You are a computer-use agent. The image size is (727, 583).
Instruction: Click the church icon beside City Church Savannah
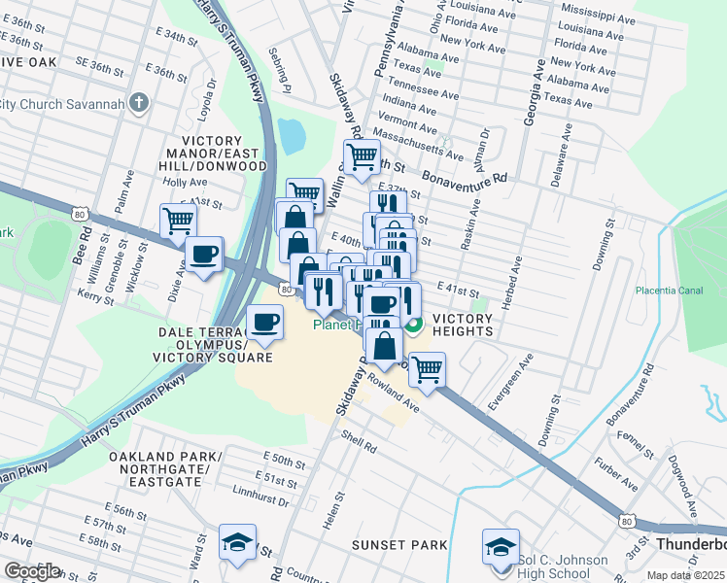pos(140,103)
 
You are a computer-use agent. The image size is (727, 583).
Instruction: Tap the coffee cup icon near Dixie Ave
pos(203,255)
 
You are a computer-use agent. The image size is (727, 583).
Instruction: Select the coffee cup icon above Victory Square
pos(263,322)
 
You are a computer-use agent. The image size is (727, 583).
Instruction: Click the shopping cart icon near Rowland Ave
pos(426,369)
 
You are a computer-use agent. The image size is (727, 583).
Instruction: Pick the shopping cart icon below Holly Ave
pos(179,221)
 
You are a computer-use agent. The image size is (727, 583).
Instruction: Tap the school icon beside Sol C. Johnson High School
pos(502,546)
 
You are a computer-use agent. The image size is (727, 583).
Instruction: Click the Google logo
pos(32,571)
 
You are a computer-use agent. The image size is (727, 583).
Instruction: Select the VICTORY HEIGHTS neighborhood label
pos(463,325)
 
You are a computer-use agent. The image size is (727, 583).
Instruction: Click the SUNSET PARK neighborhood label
pos(398,545)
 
